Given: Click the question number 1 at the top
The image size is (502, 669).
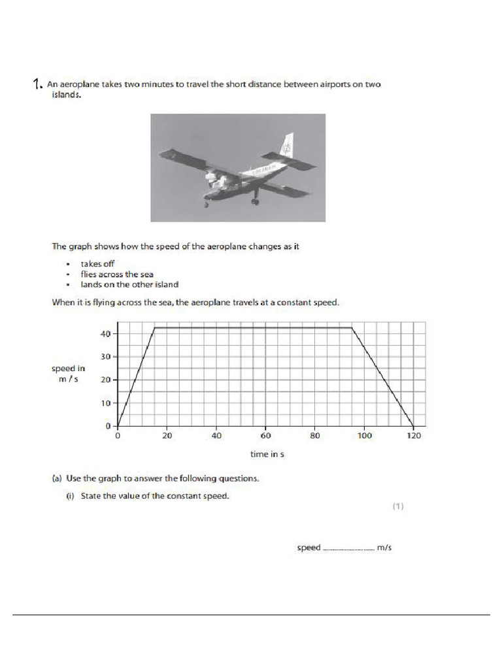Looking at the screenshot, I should point(37,84).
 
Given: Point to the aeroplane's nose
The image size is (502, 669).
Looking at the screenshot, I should point(208,185).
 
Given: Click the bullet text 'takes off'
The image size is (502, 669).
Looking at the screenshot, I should point(97,263).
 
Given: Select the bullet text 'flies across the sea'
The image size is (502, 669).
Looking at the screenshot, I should point(117,274).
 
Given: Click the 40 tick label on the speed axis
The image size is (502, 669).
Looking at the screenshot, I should point(105,334).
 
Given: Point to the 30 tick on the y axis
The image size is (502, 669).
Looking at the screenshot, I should point(105,357).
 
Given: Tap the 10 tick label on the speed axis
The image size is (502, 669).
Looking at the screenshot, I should point(105,403).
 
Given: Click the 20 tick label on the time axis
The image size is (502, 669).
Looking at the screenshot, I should point(167,436).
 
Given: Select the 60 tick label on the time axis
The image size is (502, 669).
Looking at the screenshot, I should point(265,436).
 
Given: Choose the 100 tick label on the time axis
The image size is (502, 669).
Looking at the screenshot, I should point(364,436).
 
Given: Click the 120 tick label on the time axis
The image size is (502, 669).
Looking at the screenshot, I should point(413,436).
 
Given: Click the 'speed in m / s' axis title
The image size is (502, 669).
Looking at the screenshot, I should point(68,374).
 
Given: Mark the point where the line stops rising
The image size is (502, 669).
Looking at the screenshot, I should point(154,328).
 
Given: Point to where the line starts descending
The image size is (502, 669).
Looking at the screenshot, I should point(352,328).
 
